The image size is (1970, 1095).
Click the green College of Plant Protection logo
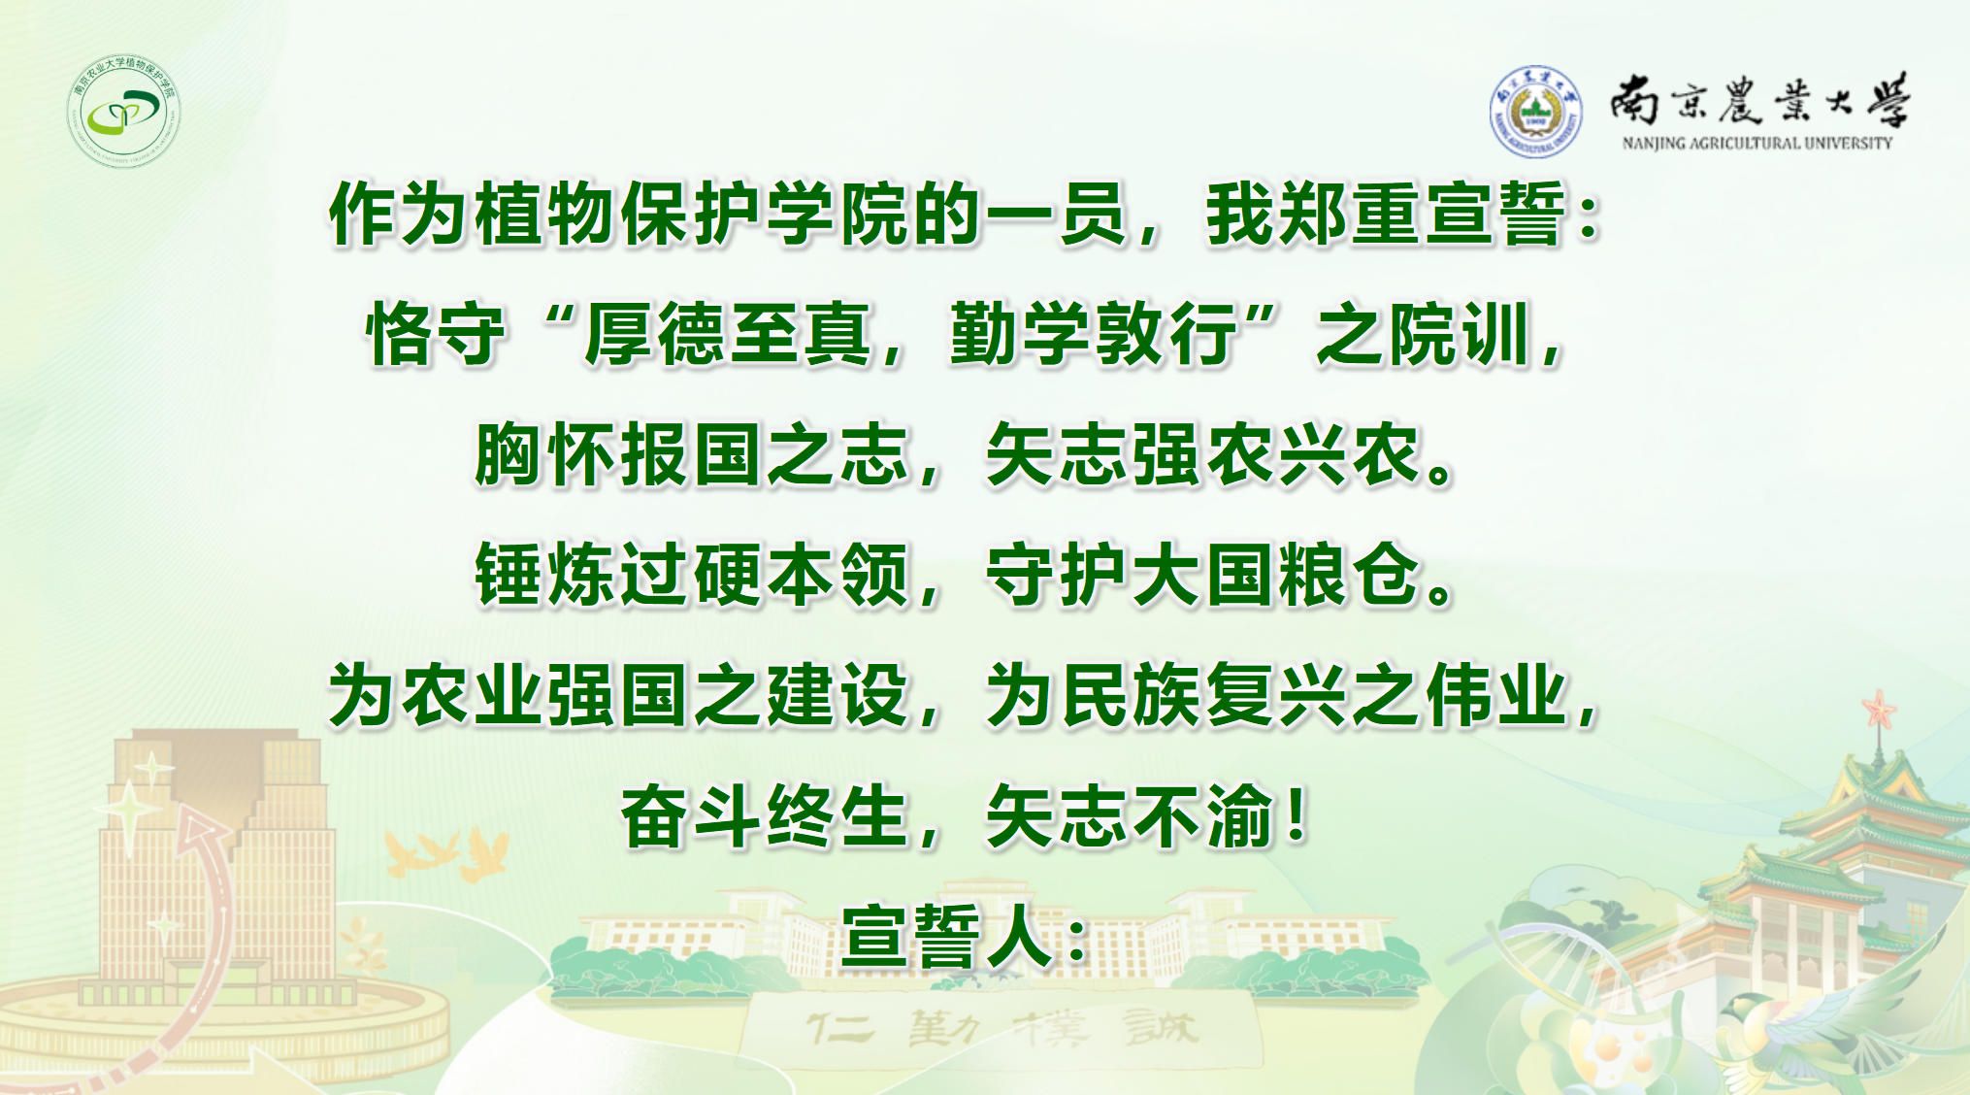125,111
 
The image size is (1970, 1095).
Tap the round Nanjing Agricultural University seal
1535,112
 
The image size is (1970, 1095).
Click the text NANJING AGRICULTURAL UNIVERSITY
1757,144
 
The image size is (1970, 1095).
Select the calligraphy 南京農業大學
1758,100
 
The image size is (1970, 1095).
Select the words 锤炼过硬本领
691,575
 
